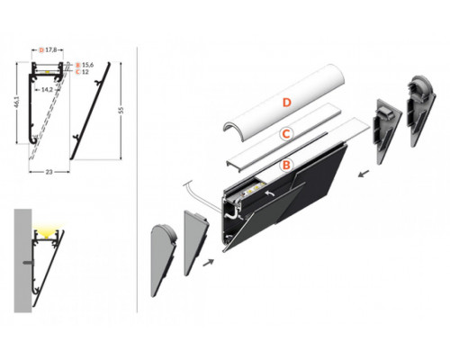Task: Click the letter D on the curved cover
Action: pos(285,103)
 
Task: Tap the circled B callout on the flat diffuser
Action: pos(284,165)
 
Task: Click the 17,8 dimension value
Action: pos(56,51)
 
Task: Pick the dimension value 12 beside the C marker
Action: pos(86,73)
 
